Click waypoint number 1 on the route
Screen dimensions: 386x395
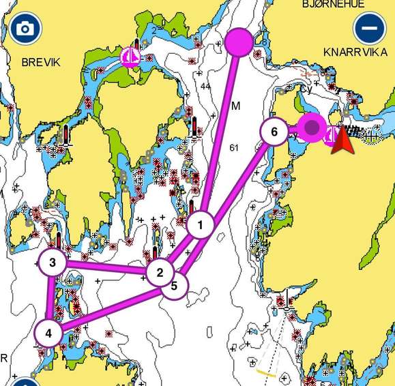[201, 224]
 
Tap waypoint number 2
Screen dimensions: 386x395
[160, 273]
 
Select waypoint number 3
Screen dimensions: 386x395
[52, 263]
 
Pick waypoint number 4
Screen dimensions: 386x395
[48, 333]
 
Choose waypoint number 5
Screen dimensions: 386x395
[174, 286]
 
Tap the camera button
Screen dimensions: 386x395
[26, 29]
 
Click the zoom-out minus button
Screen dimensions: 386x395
[369, 29]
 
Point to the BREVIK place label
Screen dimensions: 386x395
[41, 62]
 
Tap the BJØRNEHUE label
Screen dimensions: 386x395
[333, 5]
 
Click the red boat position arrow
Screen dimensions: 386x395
[341, 140]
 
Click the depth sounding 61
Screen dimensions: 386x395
[235, 148]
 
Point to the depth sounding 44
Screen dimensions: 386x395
[205, 87]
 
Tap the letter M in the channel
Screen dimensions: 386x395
[236, 106]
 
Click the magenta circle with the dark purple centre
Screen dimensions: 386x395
[312, 127]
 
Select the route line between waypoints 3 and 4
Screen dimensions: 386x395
[49, 298]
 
